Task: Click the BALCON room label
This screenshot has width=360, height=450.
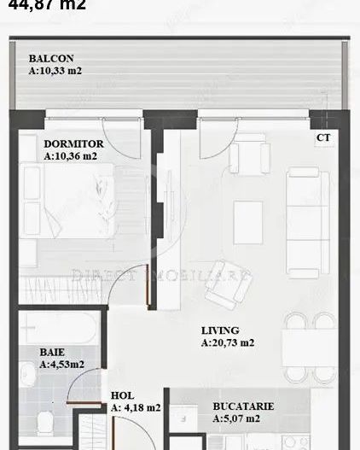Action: point(44,59)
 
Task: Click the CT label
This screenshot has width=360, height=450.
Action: point(323,137)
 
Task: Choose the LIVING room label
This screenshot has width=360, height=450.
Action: point(220,330)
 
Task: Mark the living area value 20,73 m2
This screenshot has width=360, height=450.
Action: point(229,343)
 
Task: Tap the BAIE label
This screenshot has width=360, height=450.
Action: point(51,351)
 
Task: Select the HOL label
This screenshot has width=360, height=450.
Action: point(121,395)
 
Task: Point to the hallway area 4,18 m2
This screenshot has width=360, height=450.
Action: point(136,408)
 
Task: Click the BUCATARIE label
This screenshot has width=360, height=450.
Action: point(242,407)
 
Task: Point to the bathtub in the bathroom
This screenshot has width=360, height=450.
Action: point(60,326)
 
